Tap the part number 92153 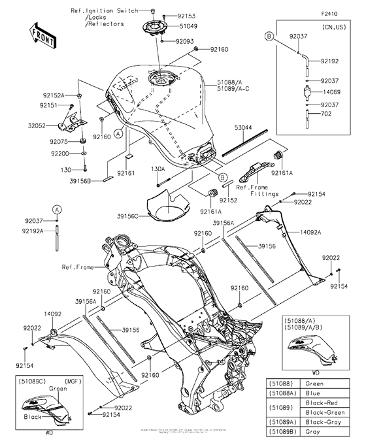tap(187, 14)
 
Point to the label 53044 tap(244, 129)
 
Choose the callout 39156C tap(128, 216)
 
